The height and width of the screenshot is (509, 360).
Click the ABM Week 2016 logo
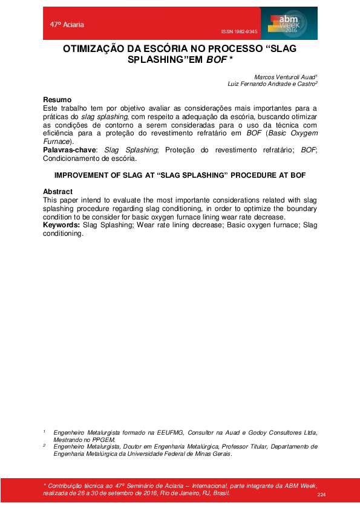[x=289, y=24]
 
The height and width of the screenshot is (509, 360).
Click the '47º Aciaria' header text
[x=67, y=25]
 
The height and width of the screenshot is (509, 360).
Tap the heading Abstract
[x=58, y=192]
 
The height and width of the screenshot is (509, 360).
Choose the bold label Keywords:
[x=62, y=225]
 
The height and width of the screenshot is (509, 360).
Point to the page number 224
[x=321, y=495]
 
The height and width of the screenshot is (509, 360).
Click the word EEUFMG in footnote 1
[x=175, y=432]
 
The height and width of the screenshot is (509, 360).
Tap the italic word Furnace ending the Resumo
[x=58, y=141]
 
